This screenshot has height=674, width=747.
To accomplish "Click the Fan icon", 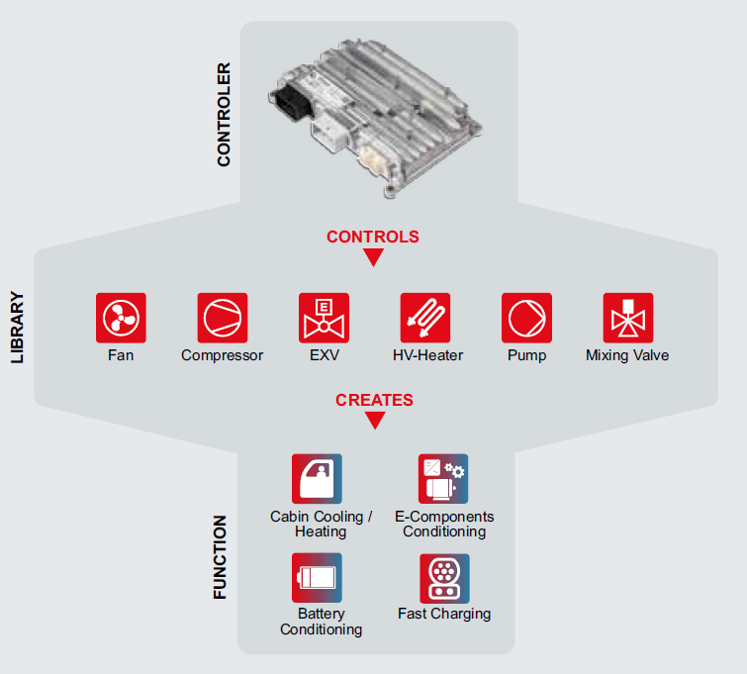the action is click(121, 318).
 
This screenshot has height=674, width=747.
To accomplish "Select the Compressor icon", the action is click(223, 318).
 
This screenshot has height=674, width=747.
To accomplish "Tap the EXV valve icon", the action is click(324, 318).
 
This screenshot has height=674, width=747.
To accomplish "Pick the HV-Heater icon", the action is click(425, 318).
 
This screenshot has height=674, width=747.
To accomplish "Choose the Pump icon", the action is click(527, 318).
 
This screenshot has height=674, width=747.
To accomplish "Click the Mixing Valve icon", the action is click(628, 318).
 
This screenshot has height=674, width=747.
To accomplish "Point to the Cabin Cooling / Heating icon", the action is click(317, 479).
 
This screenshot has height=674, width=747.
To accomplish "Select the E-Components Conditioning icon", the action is click(443, 479).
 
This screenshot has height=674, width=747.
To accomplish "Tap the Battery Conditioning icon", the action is click(317, 578).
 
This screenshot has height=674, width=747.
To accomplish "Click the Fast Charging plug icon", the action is click(444, 579).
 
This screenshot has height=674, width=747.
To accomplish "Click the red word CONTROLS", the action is click(373, 237).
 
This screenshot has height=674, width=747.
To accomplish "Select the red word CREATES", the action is click(374, 400).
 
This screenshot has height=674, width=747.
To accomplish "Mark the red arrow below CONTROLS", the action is click(374, 258).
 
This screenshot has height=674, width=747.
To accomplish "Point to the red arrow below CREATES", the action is click(375, 421).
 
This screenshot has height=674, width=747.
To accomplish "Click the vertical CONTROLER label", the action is click(224, 115).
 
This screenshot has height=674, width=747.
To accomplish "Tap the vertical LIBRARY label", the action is click(17, 328).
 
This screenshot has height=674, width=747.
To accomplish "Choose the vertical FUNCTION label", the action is click(220, 557).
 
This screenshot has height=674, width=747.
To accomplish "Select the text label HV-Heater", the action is click(427, 355).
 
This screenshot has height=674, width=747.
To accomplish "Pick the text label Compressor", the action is click(222, 355).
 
